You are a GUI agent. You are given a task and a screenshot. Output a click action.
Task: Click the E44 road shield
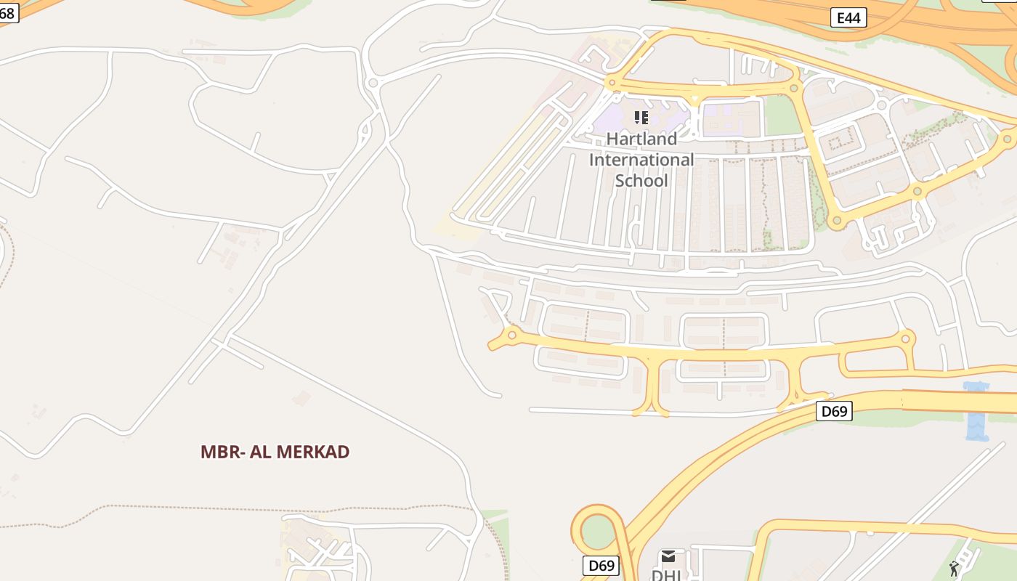click(x=848, y=17)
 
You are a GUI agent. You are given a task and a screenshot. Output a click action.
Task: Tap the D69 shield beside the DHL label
click(x=601, y=565)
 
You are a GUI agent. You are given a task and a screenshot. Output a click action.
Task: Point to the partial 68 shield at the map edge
click(x=7, y=12)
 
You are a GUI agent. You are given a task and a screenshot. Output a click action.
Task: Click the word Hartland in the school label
click(x=641, y=139)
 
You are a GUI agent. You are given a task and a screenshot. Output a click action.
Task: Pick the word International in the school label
click(x=641, y=160)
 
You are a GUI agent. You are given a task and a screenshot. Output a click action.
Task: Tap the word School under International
click(x=641, y=180)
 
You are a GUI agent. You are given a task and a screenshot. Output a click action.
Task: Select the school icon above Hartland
click(x=641, y=117)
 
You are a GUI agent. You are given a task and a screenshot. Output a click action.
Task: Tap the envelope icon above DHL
click(x=668, y=556)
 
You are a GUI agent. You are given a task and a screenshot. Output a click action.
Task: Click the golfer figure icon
click(x=955, y=568)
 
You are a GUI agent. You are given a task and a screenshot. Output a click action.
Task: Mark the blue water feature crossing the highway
click(x=976, y=412)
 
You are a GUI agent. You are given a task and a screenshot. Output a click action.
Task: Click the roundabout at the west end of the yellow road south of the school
click(x=511, y=335)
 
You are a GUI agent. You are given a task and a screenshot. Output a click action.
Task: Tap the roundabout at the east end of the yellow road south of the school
click(x=905, y=338)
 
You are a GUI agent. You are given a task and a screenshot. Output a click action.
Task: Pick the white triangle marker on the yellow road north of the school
click(x=695, y=97)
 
